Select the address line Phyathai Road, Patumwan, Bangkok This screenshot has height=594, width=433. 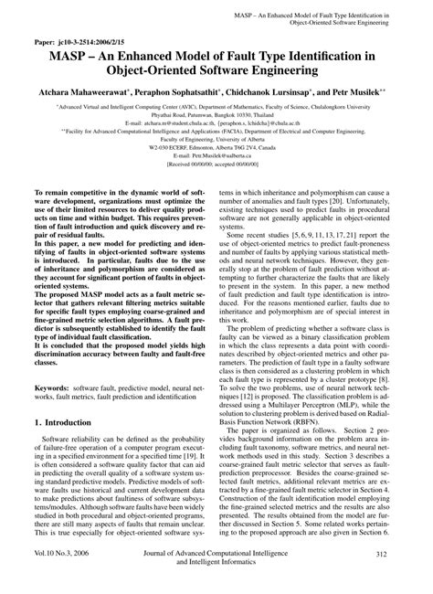[x=216, y=117]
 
